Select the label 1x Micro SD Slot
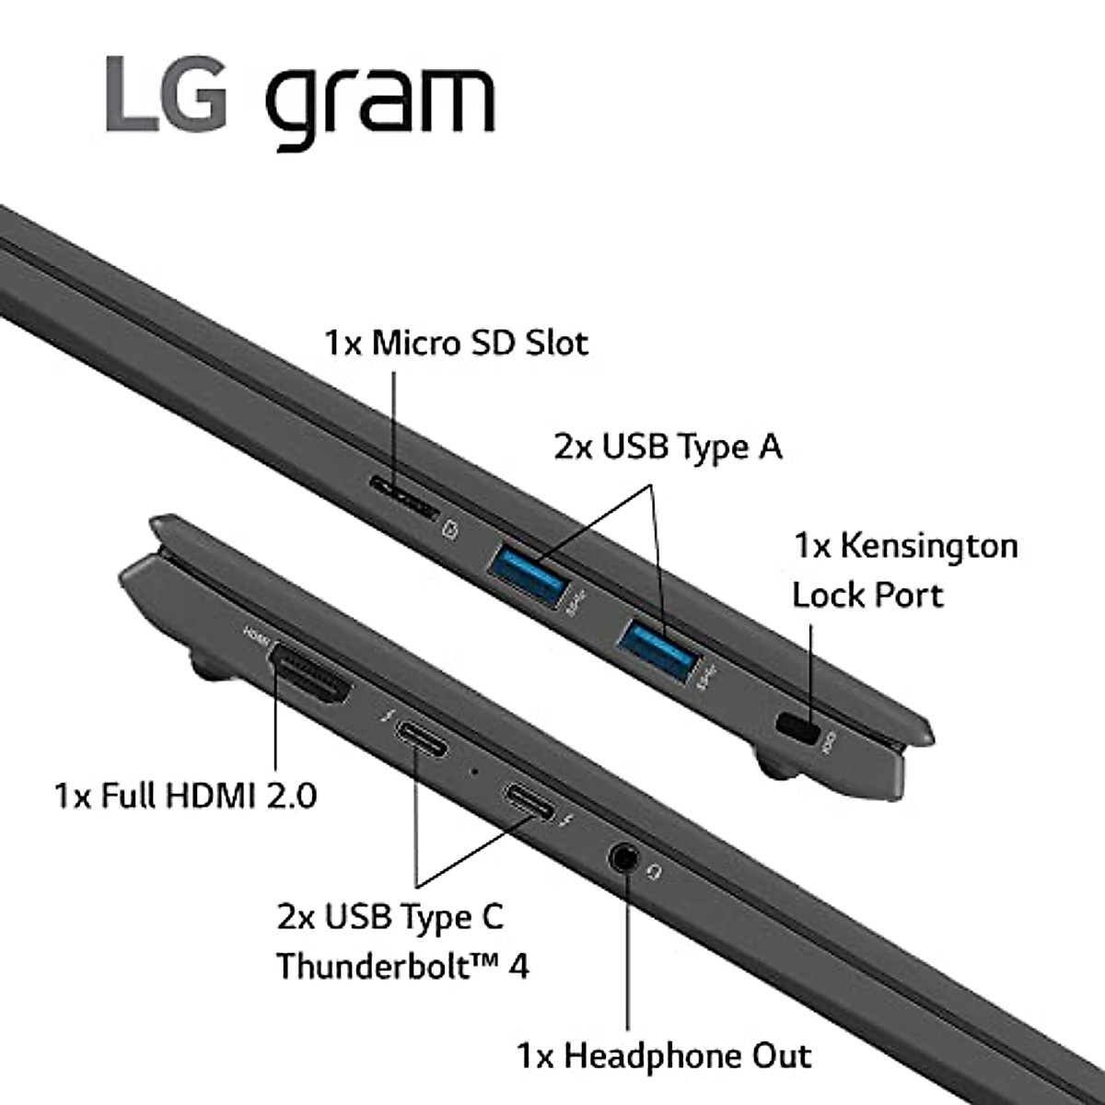tap(456, 343)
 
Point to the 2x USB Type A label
tap(668, 447)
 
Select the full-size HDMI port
tap(310, 675)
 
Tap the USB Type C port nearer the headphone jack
tap(527, 800)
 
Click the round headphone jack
tap(625, 857)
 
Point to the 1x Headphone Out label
tap(663, 1054)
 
